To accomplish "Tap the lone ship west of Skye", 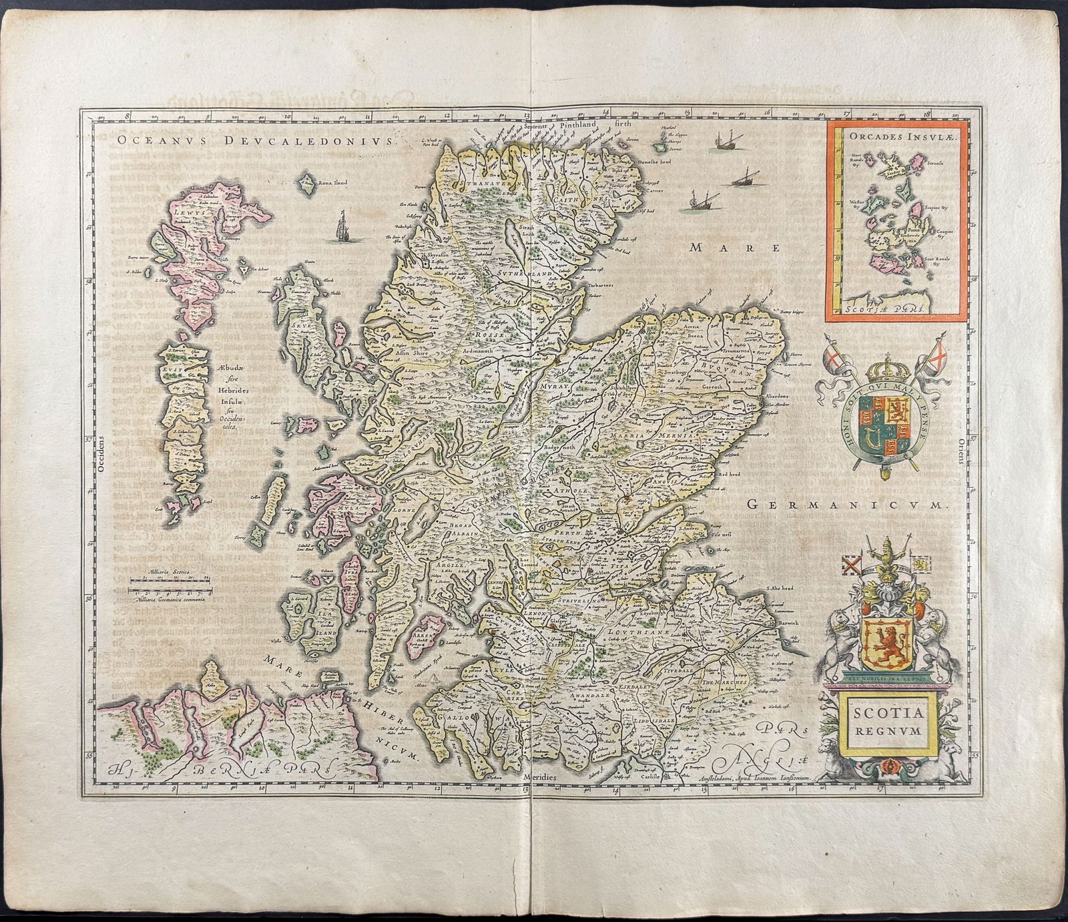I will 341,226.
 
